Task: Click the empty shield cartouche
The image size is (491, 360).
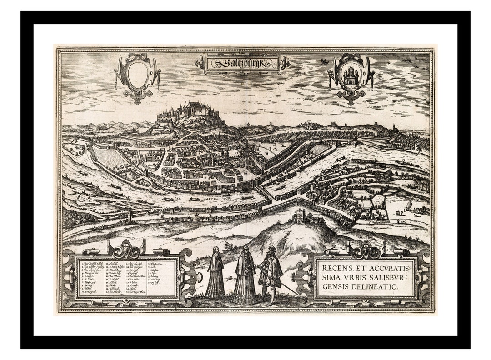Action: click(x=138, y=73)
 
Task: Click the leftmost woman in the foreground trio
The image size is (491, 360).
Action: click(x=215, y=275)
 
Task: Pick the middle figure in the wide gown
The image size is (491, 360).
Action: click(x=244, y=277)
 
